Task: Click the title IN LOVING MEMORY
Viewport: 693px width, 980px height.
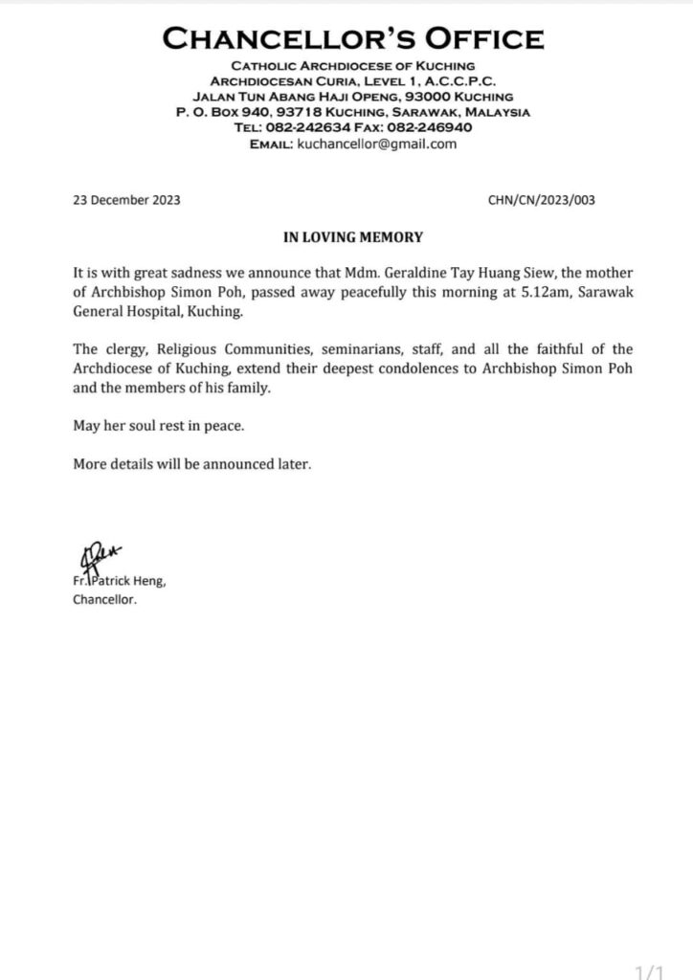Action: [346, 236]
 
